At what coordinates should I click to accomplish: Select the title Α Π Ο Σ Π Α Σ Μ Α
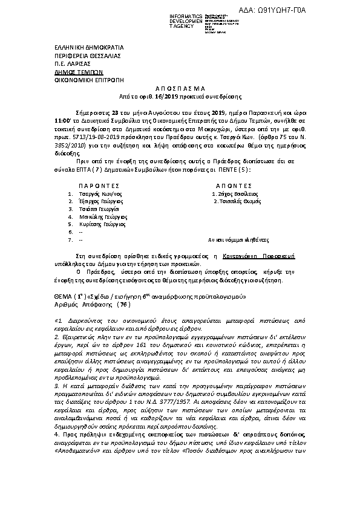click(180, 88)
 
